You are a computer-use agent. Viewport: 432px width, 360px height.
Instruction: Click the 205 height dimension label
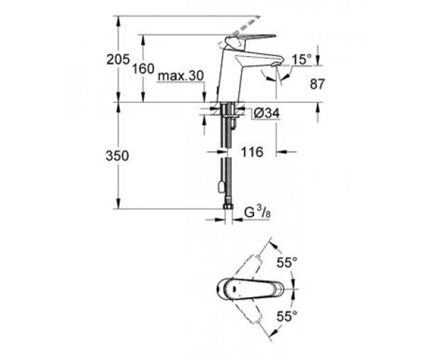pyautogui.click(x=118, y=60)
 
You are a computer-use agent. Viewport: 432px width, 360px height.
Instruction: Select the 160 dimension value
pyautogui.click(x=143, y=68)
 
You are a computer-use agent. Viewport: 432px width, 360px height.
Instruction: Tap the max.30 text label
pyautogui.click(x=181, y=76)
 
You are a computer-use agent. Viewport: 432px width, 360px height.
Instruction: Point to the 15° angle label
pyautogui.click(x=302, y=60)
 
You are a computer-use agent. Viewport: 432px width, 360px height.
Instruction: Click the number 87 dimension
pyautogui.click(x=318, y=84)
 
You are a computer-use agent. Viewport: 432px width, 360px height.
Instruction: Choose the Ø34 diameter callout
pyautogui.click(x=266, y=113)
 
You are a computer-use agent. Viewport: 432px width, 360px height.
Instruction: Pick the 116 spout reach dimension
pyautogui.click(x=252, y=152)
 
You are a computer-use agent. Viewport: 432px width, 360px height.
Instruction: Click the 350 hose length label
pyautogui.click(x=117, y=156)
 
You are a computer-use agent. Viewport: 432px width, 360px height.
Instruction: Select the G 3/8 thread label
pyautogui.click(x=257, y=212)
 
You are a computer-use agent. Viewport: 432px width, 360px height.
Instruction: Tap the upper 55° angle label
pyautogui.click(x=287, y=263)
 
